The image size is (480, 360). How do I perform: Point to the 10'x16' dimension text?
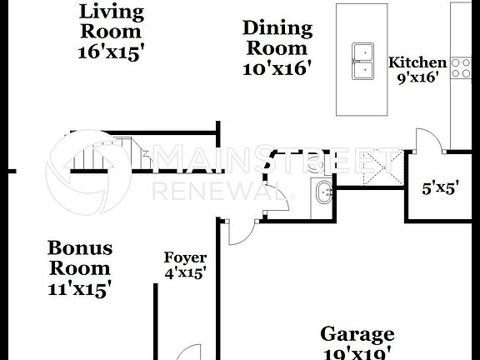277,68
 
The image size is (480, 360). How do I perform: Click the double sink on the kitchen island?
362,61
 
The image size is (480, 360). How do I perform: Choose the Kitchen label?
417,62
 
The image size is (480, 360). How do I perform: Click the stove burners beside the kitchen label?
461,67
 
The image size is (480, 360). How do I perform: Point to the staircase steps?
104,153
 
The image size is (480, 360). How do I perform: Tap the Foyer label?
185,258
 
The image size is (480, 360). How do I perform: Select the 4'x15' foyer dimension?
185,272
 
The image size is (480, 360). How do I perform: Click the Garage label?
357,335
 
